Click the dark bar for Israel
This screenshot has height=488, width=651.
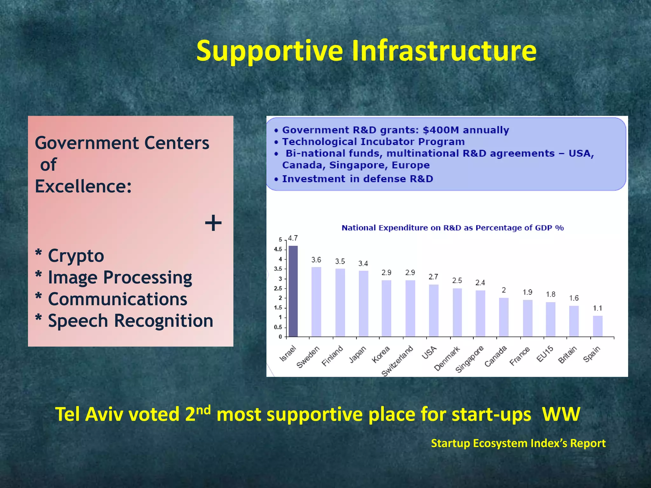pos(293,291)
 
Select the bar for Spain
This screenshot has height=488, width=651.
pos(598,326)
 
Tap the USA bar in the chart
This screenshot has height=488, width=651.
pos(434,310)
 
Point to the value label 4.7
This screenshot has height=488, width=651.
pos(292,238)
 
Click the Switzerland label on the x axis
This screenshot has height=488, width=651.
pos(398,361)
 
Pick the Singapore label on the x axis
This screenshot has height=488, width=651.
pos(469,359)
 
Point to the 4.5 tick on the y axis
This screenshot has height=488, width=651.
pos(278,249)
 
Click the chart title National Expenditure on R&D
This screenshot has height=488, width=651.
pos(452,228)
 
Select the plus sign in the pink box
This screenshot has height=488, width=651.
pos(213,223)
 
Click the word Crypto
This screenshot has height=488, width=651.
pos(76,256)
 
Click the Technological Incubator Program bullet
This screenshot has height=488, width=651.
pos(373,142)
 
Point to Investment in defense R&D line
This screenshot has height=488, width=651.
pos(357,179)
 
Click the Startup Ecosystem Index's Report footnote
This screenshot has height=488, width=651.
pos(518,443)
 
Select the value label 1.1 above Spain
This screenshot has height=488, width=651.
pos(598,308)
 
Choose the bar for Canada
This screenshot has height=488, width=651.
pos(504,317)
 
